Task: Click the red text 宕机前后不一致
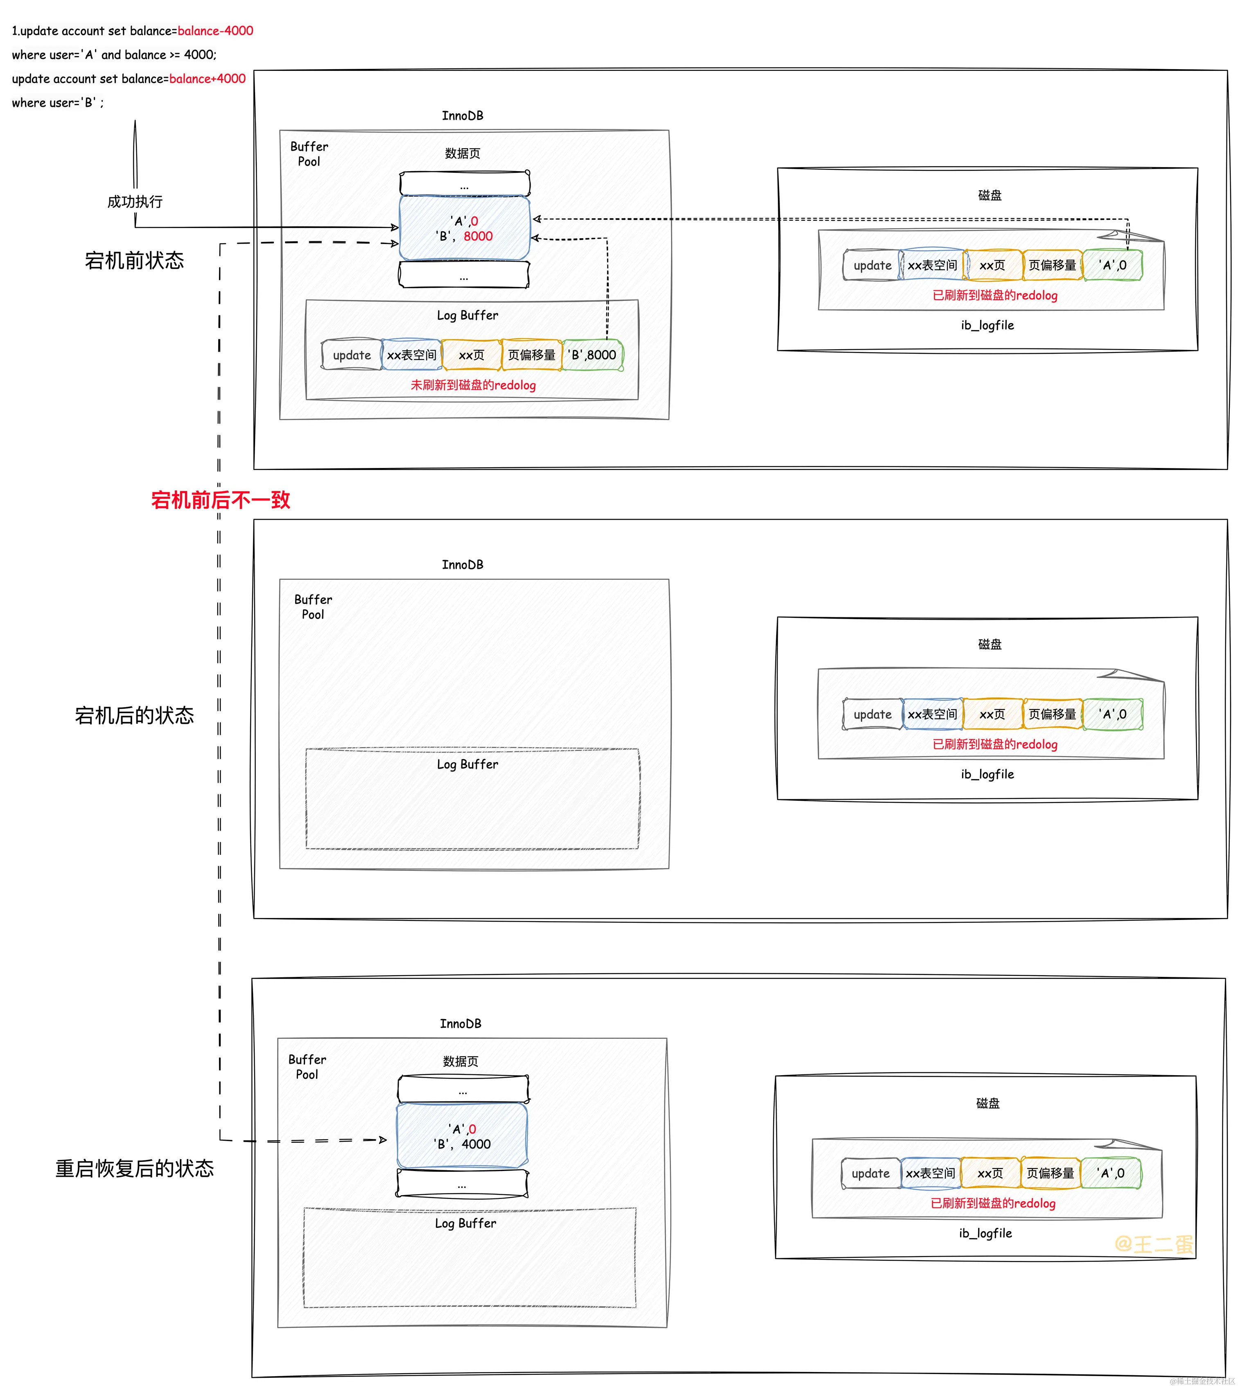click(x=220, y=500)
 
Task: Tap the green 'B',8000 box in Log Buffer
click(x=592, y=355)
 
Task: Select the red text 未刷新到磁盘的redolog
click(x=473, y=385)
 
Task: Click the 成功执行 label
click(x=135, y=201)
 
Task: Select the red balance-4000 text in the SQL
click(x=215, y=31)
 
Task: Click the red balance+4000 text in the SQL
click(x=208, y=78)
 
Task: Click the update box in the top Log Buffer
click(x=352, y=355)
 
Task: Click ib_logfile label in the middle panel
click(x=987, y=774)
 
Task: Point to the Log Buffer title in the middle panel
click(x=467, y=764)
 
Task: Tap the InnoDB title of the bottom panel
click(x=461, y=1023)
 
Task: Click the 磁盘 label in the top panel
click(x=990, y=195)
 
